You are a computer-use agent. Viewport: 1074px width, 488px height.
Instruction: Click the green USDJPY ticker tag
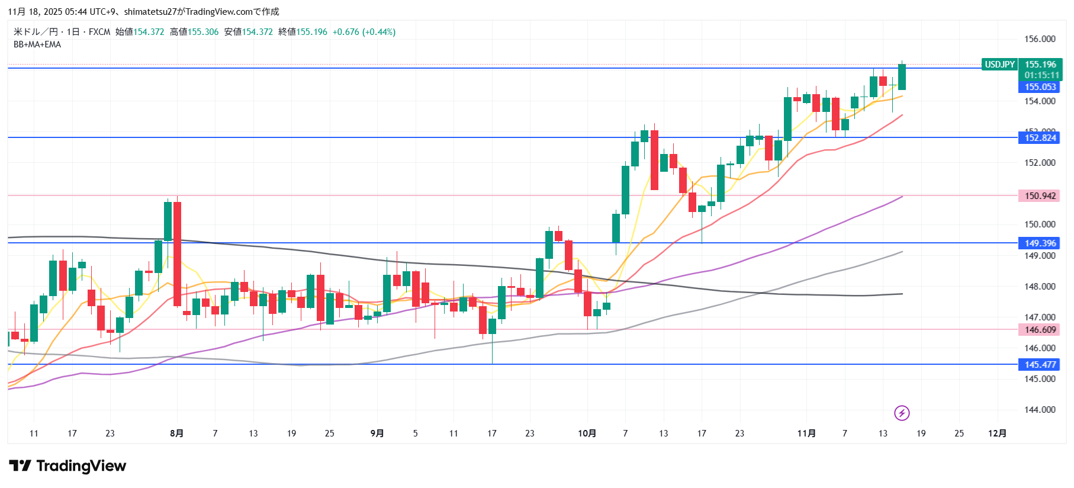point(999,65)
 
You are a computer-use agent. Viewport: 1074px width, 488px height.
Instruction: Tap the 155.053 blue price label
point(1040,87)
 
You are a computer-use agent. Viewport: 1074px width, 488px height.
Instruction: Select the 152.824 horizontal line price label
point(1040,138)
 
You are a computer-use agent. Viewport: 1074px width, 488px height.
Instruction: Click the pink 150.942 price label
point(1040,196)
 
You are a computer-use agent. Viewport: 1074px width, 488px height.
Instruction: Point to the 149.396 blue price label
point(1040,243)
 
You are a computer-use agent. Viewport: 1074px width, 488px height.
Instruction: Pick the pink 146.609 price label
point(1040,330)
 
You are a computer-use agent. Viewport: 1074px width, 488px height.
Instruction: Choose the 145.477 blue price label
point(1040,365)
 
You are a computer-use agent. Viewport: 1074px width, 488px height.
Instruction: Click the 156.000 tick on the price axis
point(1040,39)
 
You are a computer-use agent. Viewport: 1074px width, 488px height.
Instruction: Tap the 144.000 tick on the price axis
point(1040,410)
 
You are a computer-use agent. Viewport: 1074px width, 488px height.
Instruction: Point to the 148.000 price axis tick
point(1040,287)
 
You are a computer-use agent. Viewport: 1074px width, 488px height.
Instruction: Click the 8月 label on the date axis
point(176,434)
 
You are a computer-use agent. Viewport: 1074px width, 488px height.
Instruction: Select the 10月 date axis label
point(587,434)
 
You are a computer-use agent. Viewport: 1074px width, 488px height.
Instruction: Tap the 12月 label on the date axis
point(997,434)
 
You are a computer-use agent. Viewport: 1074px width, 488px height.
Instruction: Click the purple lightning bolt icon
point(902,413)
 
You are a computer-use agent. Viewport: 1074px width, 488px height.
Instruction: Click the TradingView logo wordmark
point(67,466)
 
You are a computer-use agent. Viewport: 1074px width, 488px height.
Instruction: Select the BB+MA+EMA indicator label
point(37,44)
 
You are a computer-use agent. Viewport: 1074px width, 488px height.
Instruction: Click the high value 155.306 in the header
point(203,32)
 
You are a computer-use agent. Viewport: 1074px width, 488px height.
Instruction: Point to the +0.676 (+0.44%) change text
point(364,32)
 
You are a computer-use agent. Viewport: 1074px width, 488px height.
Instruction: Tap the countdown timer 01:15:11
point(1041,75)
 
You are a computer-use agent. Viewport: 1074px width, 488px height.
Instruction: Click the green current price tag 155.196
point(1040,65)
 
